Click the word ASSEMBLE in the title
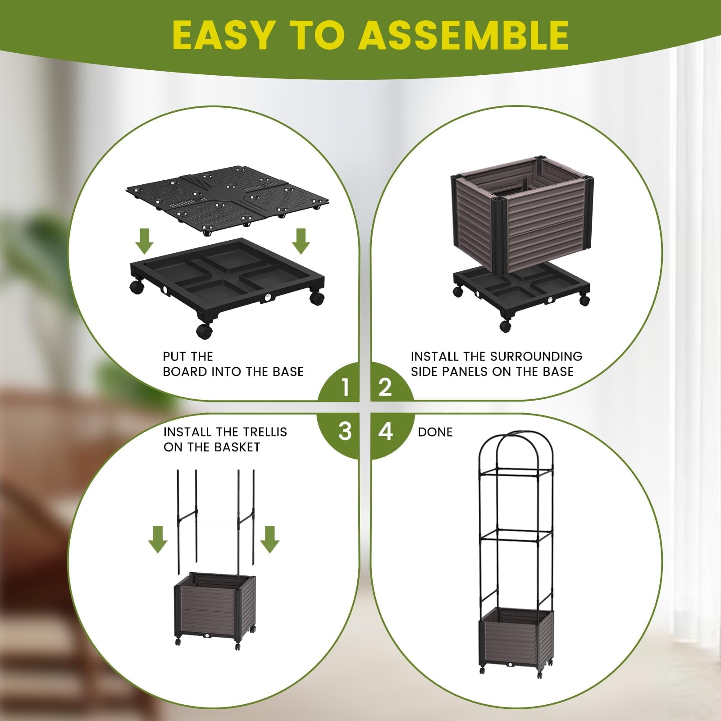(463, 35)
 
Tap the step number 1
(345, 387)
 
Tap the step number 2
(385, 387)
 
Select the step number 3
(345, 431)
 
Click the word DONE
(435, 432)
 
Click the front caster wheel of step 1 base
(204, 331)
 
